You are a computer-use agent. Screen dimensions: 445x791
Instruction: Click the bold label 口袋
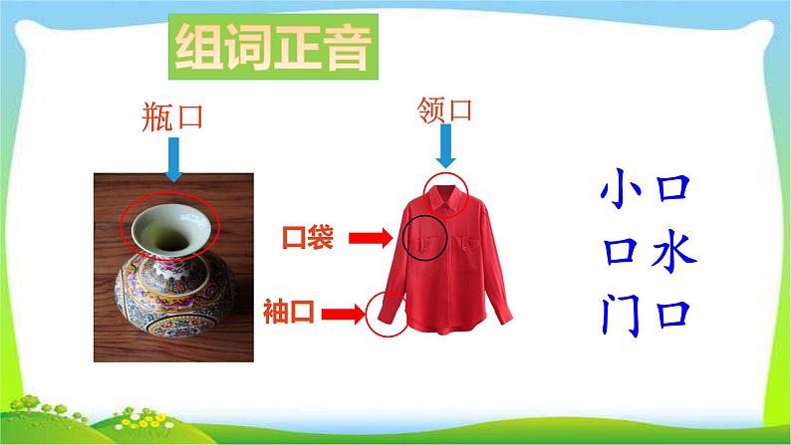(x=308, y=238)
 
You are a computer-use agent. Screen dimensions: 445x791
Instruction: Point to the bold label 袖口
(x=289, y=313)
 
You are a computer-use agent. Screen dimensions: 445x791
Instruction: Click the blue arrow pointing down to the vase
(x=174, y=158)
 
